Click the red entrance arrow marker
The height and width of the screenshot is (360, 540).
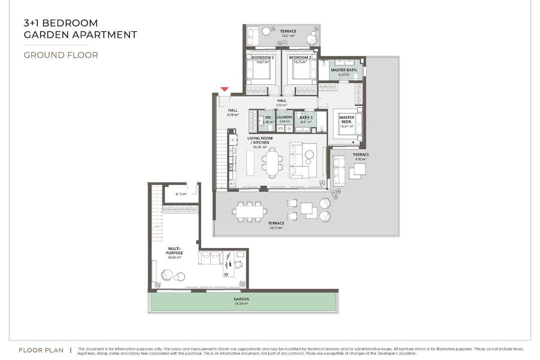pyautogui.click(x=224, y=89)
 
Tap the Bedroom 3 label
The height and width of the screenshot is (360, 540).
pyautogui.click(x=262, y=57)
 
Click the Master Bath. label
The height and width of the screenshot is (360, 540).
pyautogui.click(x=343, y=70)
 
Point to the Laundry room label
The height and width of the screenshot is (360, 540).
pyautogui.click(x=284, y=117)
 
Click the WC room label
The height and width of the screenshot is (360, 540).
pyautogui.click(x=268, y=117)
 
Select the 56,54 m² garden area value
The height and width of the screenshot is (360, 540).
pyautogui.click(x=241, y=303)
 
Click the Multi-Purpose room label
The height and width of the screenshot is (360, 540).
pyautogui.click(x=174, y=250)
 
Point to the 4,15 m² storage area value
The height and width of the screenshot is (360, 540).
pyautogui.click(x=180, y=194)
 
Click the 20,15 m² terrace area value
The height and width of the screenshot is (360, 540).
pyautogui.click(x=276, y=227)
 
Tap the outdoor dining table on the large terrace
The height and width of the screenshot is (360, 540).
pyautogui.click(x=247, y=210)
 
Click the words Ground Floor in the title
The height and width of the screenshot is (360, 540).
pyautogui.click(x=60, y=55)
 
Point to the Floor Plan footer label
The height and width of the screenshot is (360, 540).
pyautogui.click(x=41, y=350)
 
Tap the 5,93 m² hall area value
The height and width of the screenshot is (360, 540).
pyautogui.click(x=281, y=105)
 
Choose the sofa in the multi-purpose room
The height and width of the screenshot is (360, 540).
pyautogui.click(x=210, y=258)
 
